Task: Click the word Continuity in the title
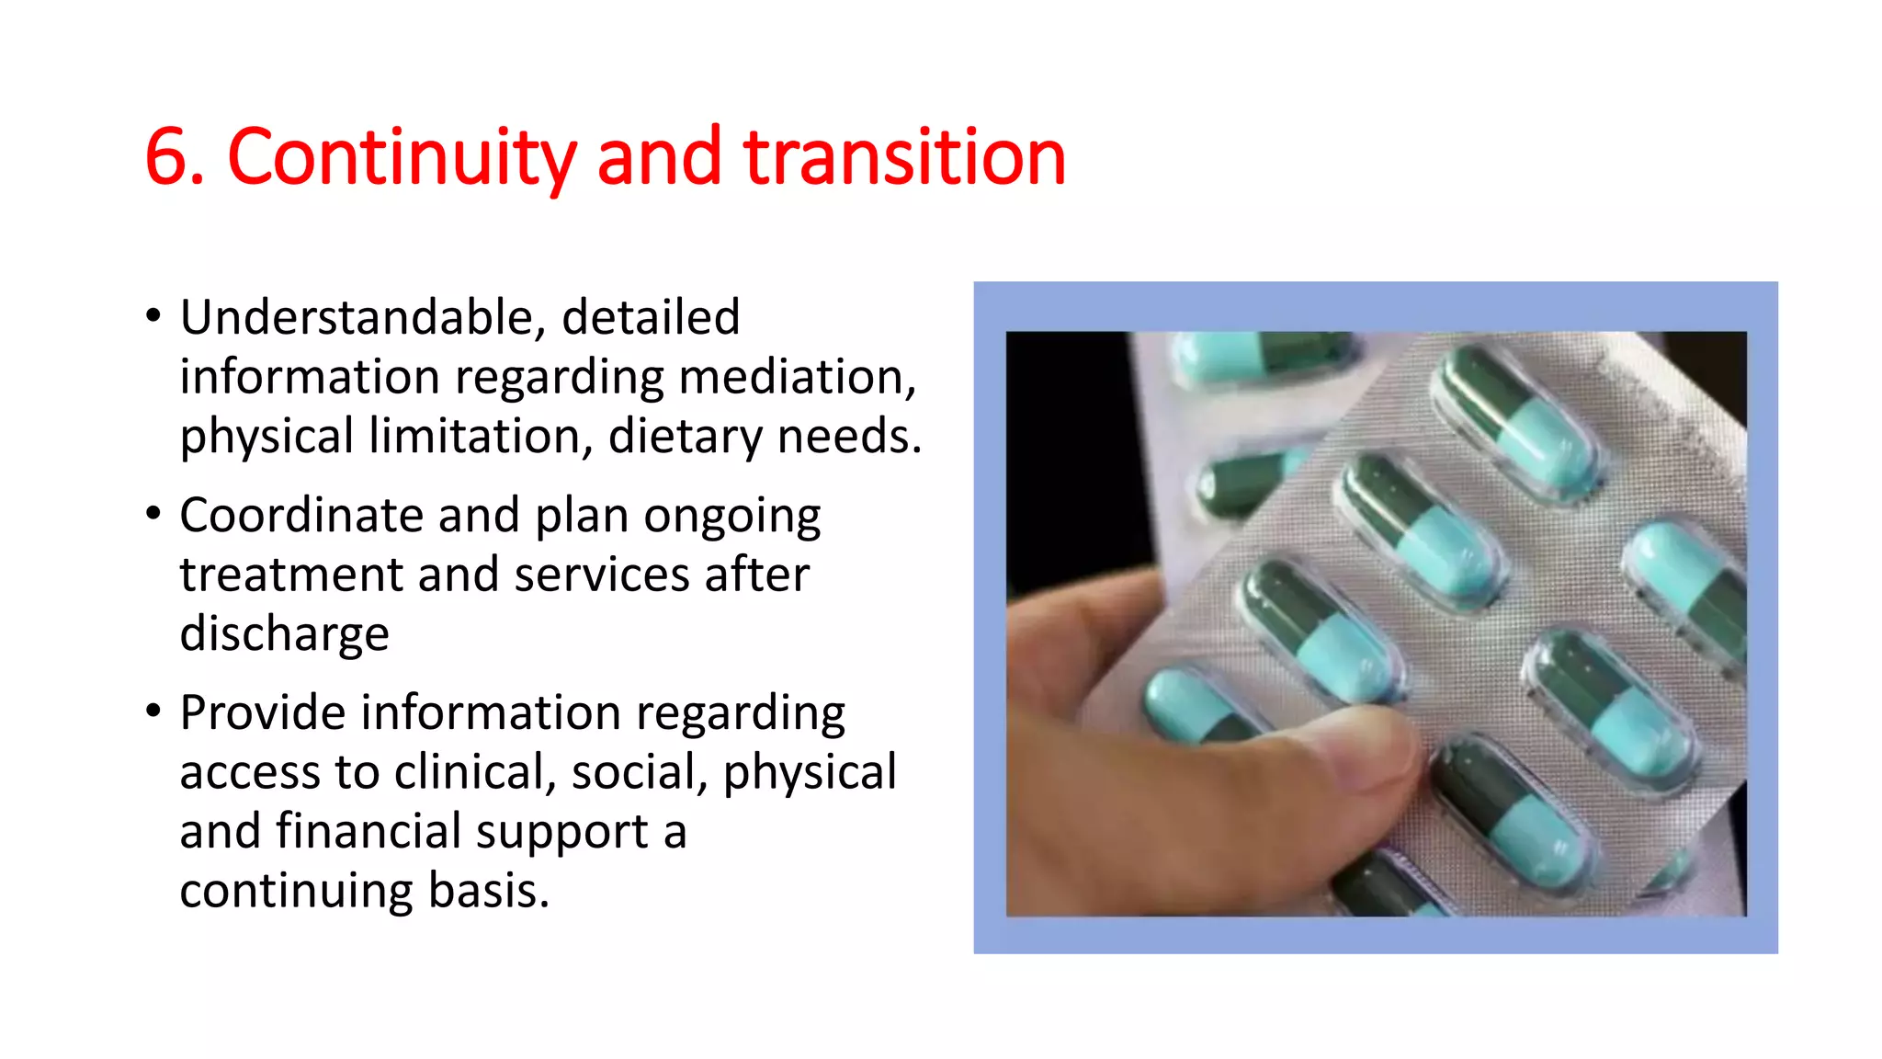click(x=402, y=157)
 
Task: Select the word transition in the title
click(x=904, y=157)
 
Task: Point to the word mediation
click(x=797, y=377)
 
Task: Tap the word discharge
click(x=284, y=634)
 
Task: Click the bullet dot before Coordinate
click(x=153, y=513)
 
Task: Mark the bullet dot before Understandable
click(x=153, y=315)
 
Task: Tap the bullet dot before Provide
click(x=153, y=711)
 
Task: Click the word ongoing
click(x=731, y=517)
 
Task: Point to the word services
click(x=602, y=575)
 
